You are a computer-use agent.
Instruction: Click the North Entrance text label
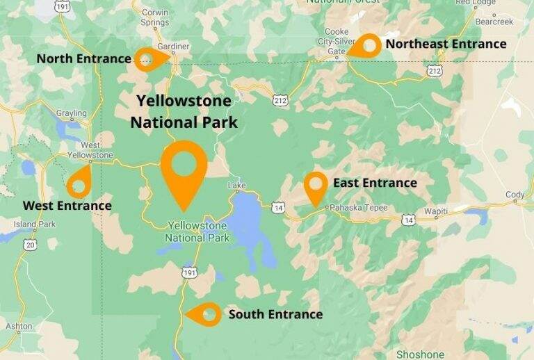pos(83,58)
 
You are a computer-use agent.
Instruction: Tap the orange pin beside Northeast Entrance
pos(366,46)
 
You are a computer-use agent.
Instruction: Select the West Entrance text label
pos(67,206)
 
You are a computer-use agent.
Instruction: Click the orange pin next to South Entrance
pos(207,314)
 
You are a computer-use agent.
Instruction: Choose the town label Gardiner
pos(173,47)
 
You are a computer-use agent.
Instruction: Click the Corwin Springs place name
pos(155,17)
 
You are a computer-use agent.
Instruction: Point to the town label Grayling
pos(72,113)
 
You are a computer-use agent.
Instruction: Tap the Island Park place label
pos(35,224)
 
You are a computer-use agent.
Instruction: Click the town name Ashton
pos(19,326)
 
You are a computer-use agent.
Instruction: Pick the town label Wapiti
pos(435,211)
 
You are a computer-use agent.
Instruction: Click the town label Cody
pos(515,195)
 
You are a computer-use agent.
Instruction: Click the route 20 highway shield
pos(29,245)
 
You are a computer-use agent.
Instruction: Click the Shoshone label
pos(419,354)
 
